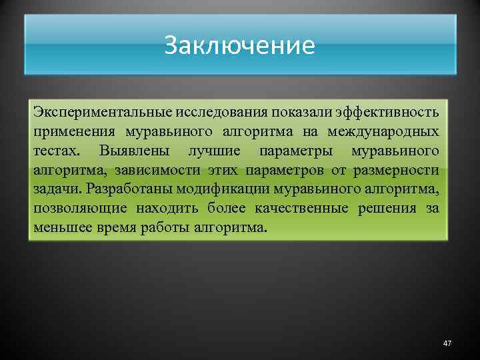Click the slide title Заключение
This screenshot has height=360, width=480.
(x=239, y=46)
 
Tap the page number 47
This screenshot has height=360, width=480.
(x=447, y=343)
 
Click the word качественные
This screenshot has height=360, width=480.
(x=301, y=209)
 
